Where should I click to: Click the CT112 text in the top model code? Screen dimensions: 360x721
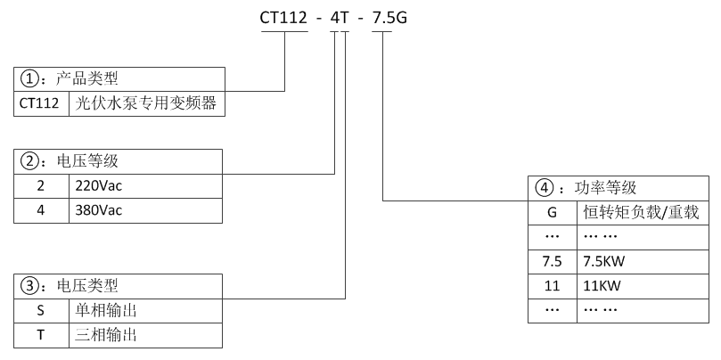coord(284,17)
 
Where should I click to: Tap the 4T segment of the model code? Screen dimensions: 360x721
coord(340,17)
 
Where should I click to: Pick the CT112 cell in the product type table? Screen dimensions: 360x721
coord(39,102)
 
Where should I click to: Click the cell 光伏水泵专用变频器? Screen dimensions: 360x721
coord(146,102)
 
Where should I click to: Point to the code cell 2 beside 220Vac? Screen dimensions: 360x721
coord(39,186)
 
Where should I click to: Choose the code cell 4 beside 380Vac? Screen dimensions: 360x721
coord(39,210)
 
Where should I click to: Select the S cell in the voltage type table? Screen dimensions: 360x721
coord(39,311)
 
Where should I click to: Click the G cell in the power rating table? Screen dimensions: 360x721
coord(552,213)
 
